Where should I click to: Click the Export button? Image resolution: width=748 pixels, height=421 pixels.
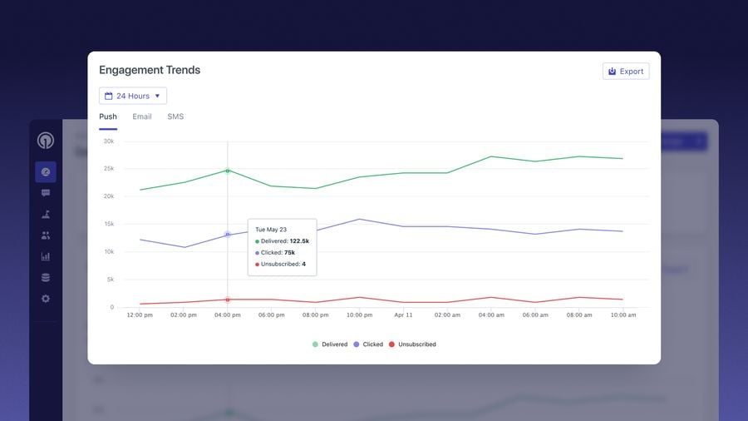click(x=626, y=72)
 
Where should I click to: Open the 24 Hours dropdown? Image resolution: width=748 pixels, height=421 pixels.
click(x=133, y=96)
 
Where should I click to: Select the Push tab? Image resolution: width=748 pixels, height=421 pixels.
click(x=108, y=116)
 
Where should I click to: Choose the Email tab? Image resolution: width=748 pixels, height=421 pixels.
click(x=142, y=116)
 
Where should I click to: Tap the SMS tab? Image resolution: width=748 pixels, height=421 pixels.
click(x=175, y=116)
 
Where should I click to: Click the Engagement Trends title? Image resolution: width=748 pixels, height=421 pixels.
click(x=150, y=71)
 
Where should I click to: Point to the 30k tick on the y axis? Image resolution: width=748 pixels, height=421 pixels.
click(x=108, y=141)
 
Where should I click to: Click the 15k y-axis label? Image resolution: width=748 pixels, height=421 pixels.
click(x=108, y=224)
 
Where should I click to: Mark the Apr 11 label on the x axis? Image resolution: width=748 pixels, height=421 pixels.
click(x=404, y=315)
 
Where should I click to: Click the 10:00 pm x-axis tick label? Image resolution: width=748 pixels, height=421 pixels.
click(x=360, y=315)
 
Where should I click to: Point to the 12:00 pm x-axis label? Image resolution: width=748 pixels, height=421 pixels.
click(x=140, y=315)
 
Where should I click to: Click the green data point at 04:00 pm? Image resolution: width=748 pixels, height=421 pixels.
click(x=228, y=171)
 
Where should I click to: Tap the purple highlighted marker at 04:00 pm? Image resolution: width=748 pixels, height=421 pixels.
click(x=228, y=235)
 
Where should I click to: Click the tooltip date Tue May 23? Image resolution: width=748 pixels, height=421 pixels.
click(x=271, y=229)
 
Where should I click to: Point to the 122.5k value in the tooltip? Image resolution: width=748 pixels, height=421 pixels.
click(x=299, y=240)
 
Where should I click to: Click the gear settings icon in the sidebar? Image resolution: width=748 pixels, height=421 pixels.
click(x=46, y=299)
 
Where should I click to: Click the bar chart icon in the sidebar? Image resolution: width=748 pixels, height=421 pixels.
click(x=46, y=256)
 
